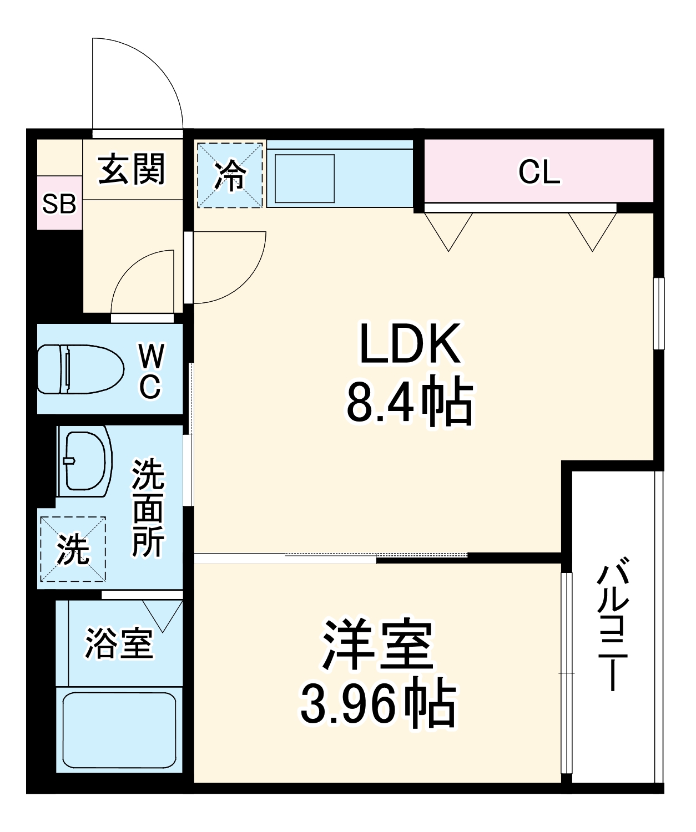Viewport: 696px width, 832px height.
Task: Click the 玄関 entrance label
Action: pyautogui.click(x=132, y=169)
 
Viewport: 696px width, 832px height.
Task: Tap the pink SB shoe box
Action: pyautogui.click(x=59, y=204)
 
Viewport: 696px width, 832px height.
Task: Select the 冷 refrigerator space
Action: pyautogui.click(x=230, y=175)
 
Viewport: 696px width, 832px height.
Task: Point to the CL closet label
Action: pyautogui.click(x=538, y=172)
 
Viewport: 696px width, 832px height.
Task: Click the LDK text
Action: pyautogui.click(x=410, y=344)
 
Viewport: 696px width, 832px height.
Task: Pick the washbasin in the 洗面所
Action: pyautogui.click(x=85, y=461)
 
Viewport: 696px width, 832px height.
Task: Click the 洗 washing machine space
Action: pyautogui.click(x=73, y=549)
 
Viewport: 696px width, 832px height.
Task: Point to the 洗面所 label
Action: pyautogui.click(x=148, y=508)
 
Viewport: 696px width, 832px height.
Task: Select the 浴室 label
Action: pyautogui.click(x=118, y=643)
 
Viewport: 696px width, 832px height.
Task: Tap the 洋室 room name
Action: pyautogui.click(x=377, y=643)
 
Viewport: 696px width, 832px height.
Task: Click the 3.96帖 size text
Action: pyautogui.click(x=377, y=704)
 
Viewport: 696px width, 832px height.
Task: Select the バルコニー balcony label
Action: pyautogui.click(x=612, y=627)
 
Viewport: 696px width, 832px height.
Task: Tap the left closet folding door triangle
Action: pyautogui.click(x=448, y=230)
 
